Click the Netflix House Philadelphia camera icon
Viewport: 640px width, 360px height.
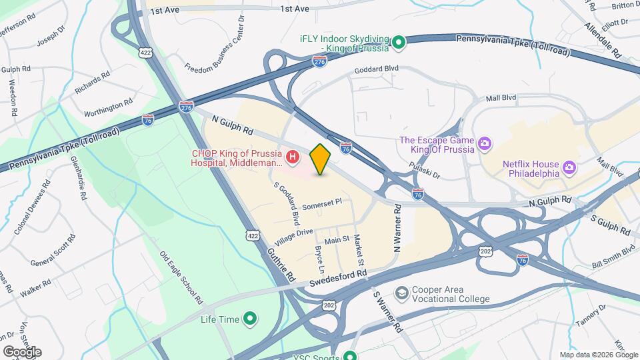(x=569, y=166)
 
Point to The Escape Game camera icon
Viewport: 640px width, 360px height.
(x=484, y=143)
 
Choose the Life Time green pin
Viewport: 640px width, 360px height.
(x=250, y=319)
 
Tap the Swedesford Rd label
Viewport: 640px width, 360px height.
(x=339, y=279)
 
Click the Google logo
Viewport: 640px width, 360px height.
(x=22, y=351)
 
